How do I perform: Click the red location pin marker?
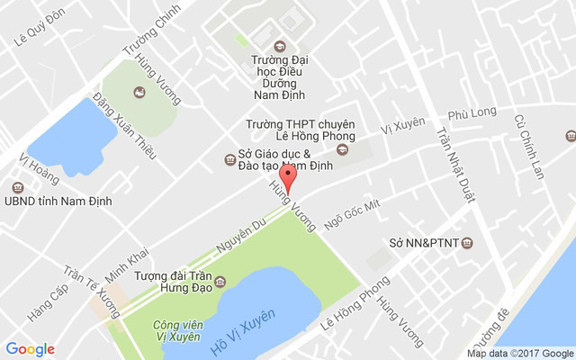287,175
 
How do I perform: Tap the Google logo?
31,349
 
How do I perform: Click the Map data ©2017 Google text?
519,353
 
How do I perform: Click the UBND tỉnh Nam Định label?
58,201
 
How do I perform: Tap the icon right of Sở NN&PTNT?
466,243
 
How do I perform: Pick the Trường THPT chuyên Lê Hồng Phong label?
301,130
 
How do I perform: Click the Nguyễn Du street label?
240,232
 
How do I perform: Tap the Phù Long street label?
472,113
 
